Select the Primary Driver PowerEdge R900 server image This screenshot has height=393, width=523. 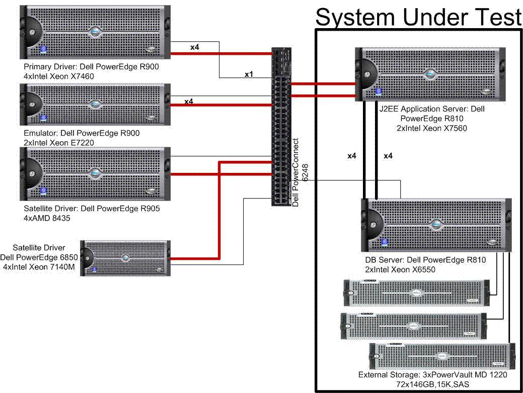[94, 32]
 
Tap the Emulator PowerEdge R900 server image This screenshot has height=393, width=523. [94, 105]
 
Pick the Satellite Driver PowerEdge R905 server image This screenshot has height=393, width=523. [94, 174]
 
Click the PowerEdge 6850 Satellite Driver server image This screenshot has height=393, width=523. [126, 258]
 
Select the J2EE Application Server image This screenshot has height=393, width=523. [430, 73]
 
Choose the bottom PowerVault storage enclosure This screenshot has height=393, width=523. [440, 356]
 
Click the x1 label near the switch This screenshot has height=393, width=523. [249, 74]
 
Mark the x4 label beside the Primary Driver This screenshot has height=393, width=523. [195, 47]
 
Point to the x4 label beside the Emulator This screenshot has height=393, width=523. [188, 102]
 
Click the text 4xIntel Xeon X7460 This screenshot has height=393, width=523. [59, 76]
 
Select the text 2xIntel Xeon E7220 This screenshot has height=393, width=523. [58, 143]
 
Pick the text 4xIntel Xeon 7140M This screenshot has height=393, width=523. [40, 267]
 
